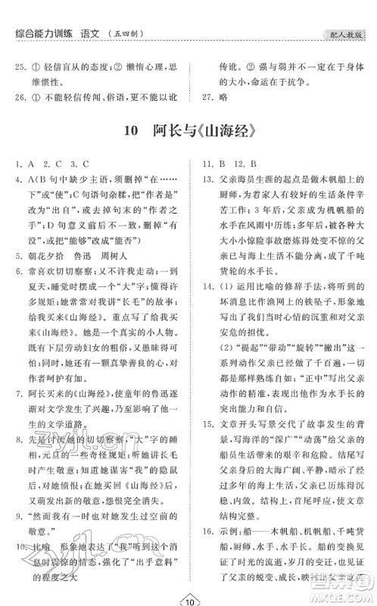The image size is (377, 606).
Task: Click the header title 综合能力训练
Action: coord(45,33)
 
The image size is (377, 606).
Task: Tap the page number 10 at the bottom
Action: coord(189,595)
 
